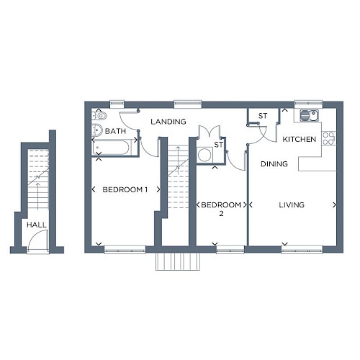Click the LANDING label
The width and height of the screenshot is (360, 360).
(x=168, y=122)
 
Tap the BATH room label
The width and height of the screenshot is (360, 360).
(x=115, y=131)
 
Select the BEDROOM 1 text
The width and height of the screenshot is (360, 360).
(x=125, y=189)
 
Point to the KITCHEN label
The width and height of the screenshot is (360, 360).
(x=300, y=139)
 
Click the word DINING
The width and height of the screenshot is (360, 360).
(x=274, y=164)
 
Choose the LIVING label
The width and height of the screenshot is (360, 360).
(x=292, y=204)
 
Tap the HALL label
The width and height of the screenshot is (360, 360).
(x=37, y=225)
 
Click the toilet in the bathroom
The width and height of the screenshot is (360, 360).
(x=99, y=116)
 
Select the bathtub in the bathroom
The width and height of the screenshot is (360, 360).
(x=111, y=147)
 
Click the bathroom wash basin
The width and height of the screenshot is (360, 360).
(x=96, y=130)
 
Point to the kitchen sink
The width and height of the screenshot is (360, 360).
(x=309, y=115)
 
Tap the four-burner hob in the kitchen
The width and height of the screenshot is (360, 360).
(x=328, y=138)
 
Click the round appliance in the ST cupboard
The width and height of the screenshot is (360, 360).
(x=204, y=155)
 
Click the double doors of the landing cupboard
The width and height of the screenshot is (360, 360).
(x=209, y=132)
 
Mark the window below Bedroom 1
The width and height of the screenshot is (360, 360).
(x=125, y=250)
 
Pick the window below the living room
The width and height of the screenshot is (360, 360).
(x=302, y=250)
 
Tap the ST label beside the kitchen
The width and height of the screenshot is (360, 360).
(x=263, y=116)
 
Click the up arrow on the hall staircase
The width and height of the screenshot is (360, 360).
(x=37, y=196)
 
